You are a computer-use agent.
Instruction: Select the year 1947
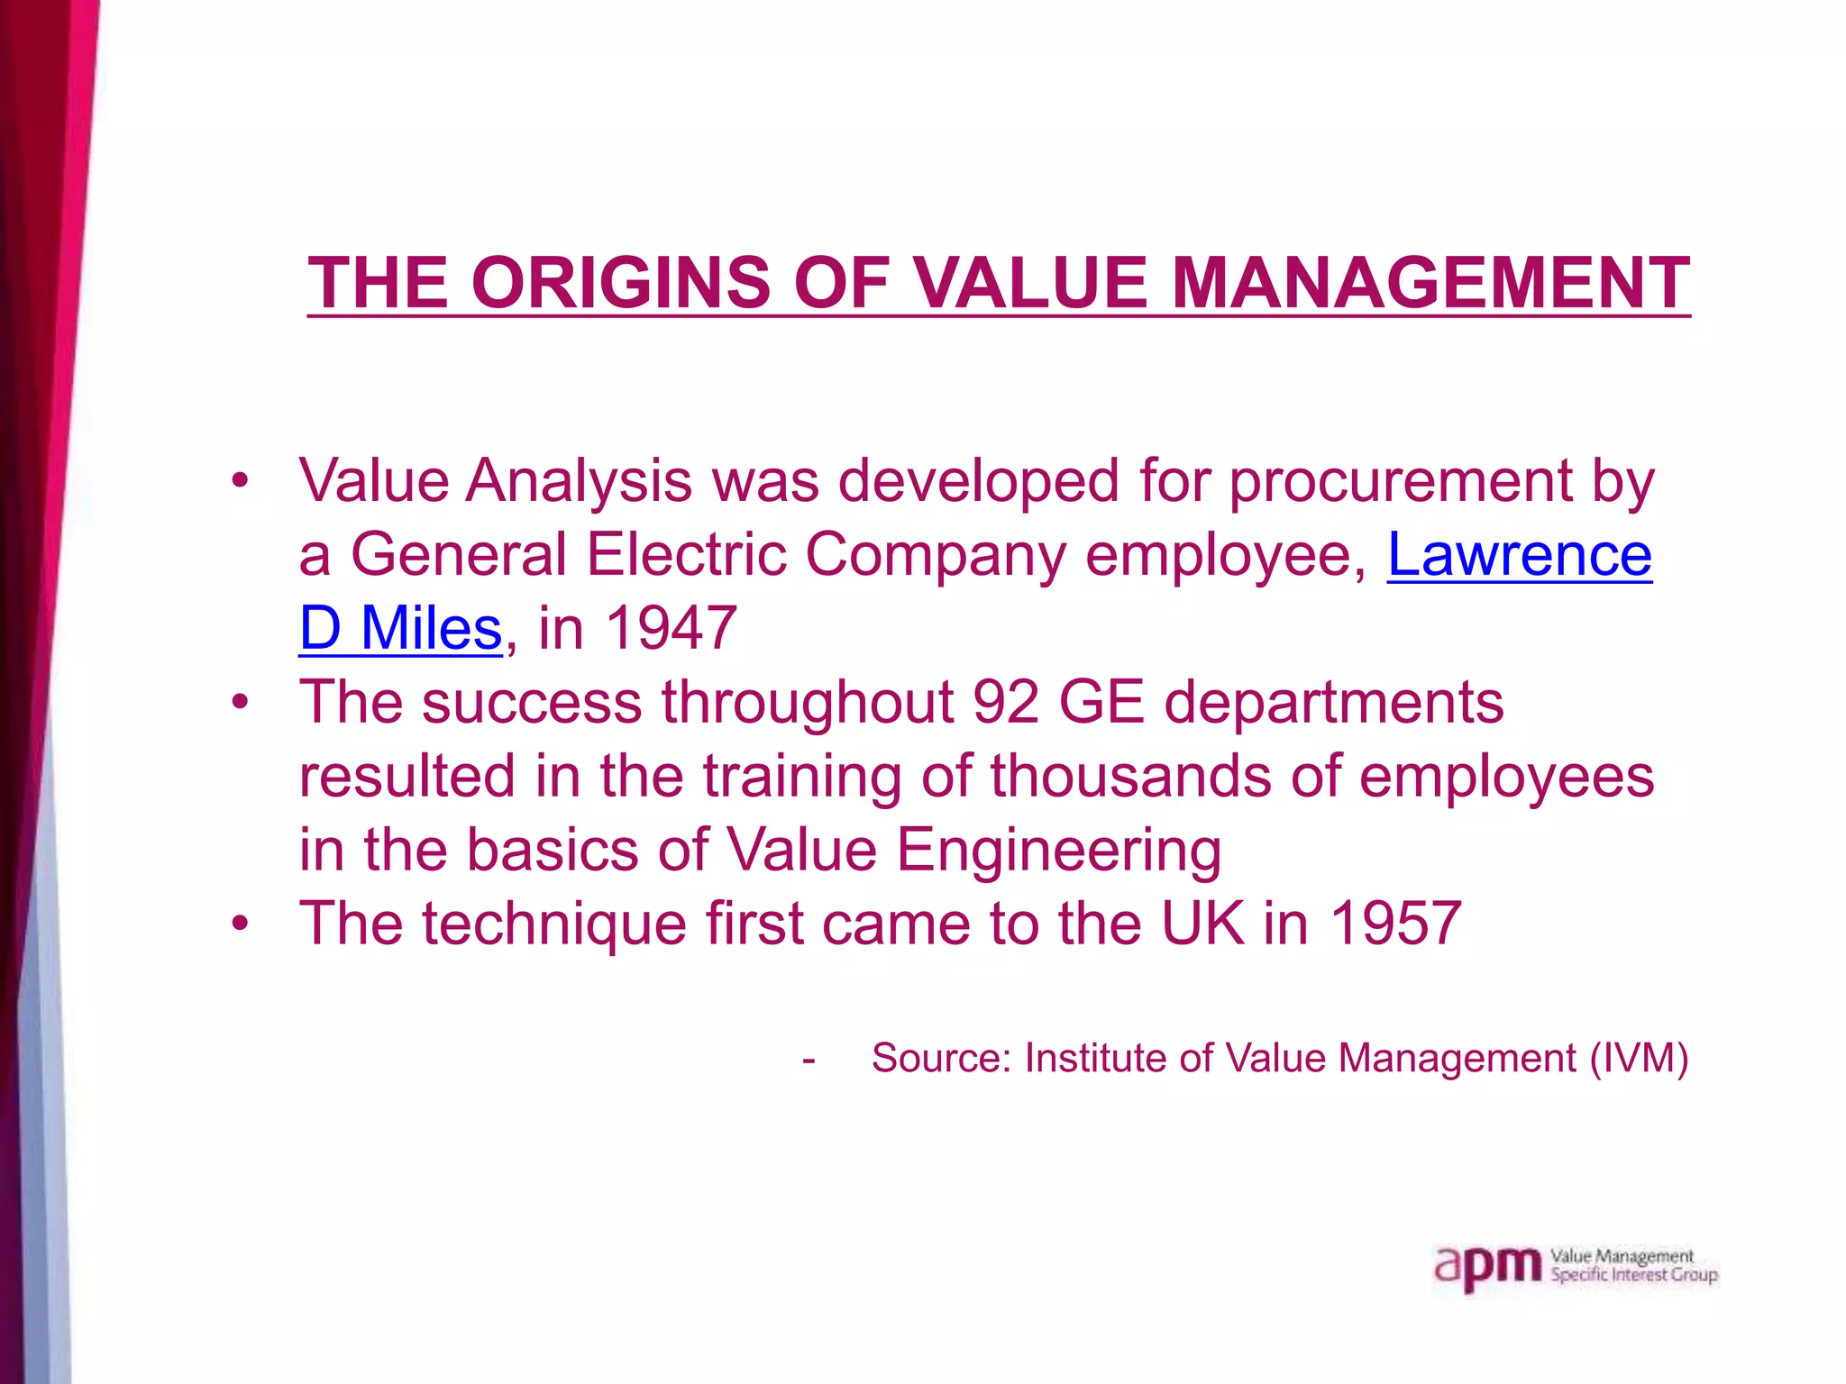pos(672,627)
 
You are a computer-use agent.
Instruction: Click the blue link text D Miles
pos(400,627)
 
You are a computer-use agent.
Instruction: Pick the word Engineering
pos(1058,849)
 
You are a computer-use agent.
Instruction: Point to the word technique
pos(553,923)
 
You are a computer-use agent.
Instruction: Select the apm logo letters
pos(1487,1266)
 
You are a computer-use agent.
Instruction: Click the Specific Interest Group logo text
pos(1633,1275)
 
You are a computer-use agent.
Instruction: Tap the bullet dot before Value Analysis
pos(239,480)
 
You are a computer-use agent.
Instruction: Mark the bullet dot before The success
pos(239,701)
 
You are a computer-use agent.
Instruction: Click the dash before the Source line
pos(809,1060)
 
